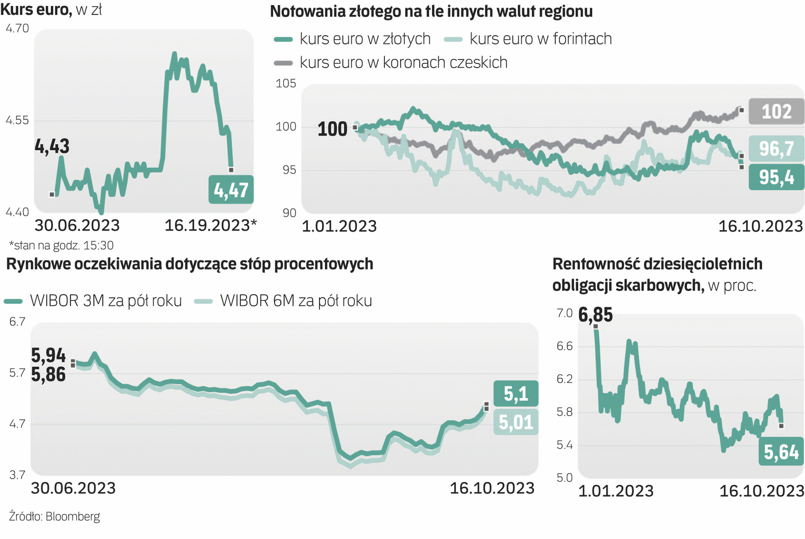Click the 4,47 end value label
231,190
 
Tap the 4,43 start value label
52,146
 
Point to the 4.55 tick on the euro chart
17,120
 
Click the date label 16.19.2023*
210,226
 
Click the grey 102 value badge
776,111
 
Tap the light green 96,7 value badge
776,149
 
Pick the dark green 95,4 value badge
776,177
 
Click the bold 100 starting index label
332,129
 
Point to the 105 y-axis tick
286,83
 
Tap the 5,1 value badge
515,394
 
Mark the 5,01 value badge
515,423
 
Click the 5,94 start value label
48,355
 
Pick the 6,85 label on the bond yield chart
595,315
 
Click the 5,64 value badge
781,452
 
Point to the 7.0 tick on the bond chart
564,313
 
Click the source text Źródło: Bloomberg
54,517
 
